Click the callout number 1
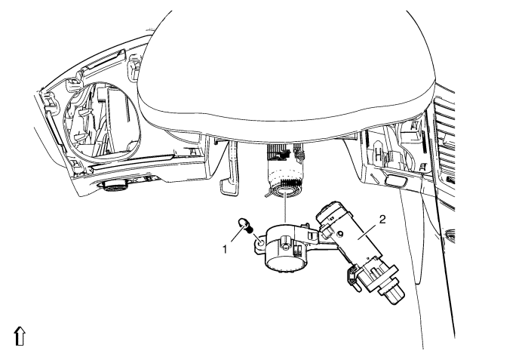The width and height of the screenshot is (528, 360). (x=225, y=249)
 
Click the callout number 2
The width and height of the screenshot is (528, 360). (x=382, y=220)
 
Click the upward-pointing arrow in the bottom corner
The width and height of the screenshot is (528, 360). (x=20, y=336)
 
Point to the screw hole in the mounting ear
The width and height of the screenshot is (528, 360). (x=261, y=242)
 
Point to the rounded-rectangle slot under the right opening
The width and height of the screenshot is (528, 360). (x=396, y=181)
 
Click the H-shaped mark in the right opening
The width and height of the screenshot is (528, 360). (x=379, y=155)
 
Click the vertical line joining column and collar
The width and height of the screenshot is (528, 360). (x=286, y=208)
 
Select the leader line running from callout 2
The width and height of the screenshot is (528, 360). (x=370, y=232)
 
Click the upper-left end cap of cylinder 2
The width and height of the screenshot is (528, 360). (x=329, y=211)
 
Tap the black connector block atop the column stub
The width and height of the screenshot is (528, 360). (x=283, y=154)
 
